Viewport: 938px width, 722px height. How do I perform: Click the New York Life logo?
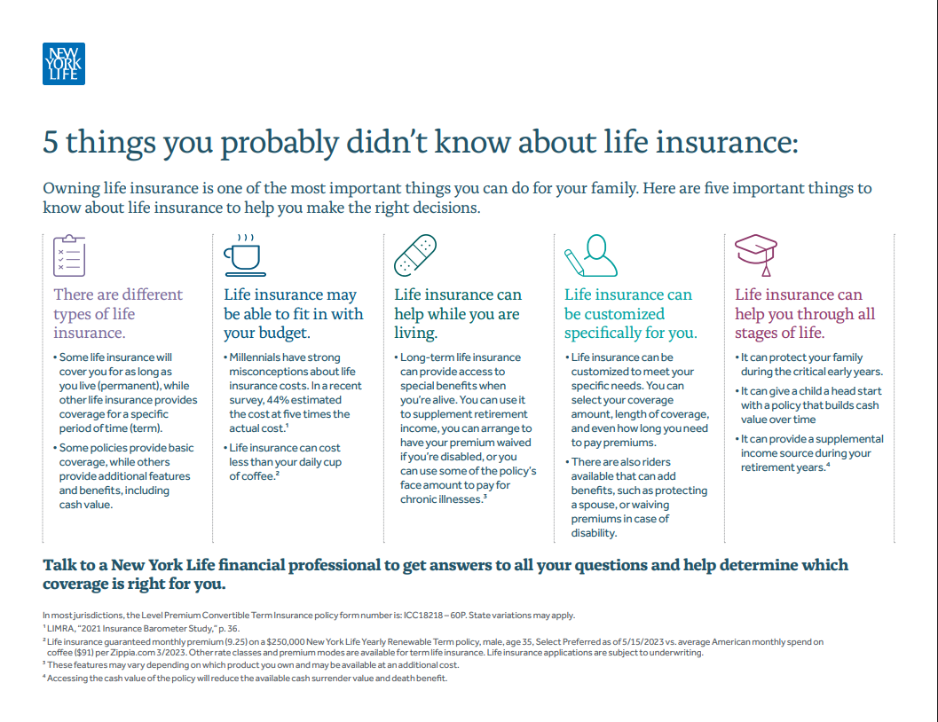point(63,63)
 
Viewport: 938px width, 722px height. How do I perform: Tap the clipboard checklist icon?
point(69,255)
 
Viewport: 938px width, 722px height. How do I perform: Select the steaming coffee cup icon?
point(245,255)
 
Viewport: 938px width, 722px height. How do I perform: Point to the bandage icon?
point(415,255)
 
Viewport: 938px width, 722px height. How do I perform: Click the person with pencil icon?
point(591,255)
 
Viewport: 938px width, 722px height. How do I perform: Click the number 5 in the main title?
point(51,143)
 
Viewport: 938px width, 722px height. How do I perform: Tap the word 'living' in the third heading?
point(414,333)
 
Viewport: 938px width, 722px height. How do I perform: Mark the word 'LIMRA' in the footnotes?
point(60,629)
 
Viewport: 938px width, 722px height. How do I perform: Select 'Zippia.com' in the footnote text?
point(131,653)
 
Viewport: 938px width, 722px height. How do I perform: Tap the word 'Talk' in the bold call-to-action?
point(59,565)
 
